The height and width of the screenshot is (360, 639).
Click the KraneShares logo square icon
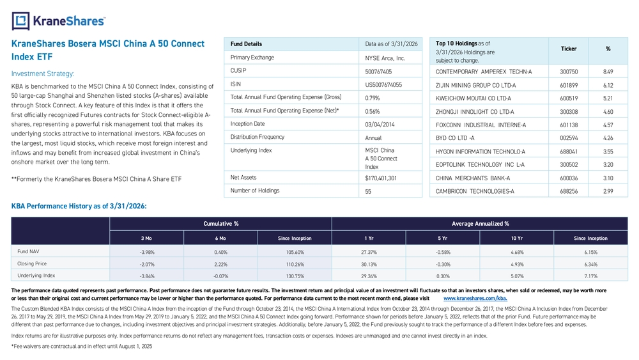coord(21,21)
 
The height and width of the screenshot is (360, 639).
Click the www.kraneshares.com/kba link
coord(475,299)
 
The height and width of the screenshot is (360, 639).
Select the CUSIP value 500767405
coord(378,72)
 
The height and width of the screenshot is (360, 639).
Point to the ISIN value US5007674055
coord(383,85)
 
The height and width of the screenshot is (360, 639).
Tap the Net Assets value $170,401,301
coord(381,178)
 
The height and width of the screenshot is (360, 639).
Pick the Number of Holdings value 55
coord(368,191)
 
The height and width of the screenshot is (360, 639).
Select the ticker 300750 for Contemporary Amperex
coord(569,72)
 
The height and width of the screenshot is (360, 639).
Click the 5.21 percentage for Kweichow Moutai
coord(608,98)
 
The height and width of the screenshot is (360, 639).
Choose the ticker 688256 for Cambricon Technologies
coord(569,191)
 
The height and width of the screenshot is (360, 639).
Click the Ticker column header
coord(569,49)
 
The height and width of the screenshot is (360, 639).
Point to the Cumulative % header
coord(221,224)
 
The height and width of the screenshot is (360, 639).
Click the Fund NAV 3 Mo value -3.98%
coord(147,253)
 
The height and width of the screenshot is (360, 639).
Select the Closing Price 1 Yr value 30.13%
coord(369,264)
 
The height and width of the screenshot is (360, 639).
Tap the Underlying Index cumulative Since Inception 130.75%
coord(295,276)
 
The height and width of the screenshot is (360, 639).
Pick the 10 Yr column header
coord(517,238)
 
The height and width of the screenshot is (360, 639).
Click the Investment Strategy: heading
coord(43,74)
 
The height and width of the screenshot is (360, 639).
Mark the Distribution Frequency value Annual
coord(373,138)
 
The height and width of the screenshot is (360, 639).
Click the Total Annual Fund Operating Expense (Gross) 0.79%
coord(373,98)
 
